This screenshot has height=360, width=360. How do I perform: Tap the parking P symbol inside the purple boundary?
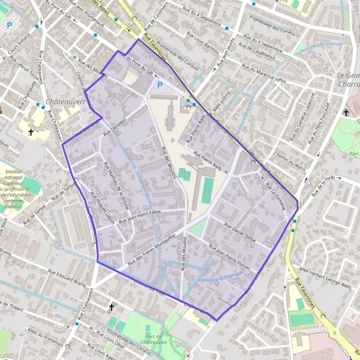160,85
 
